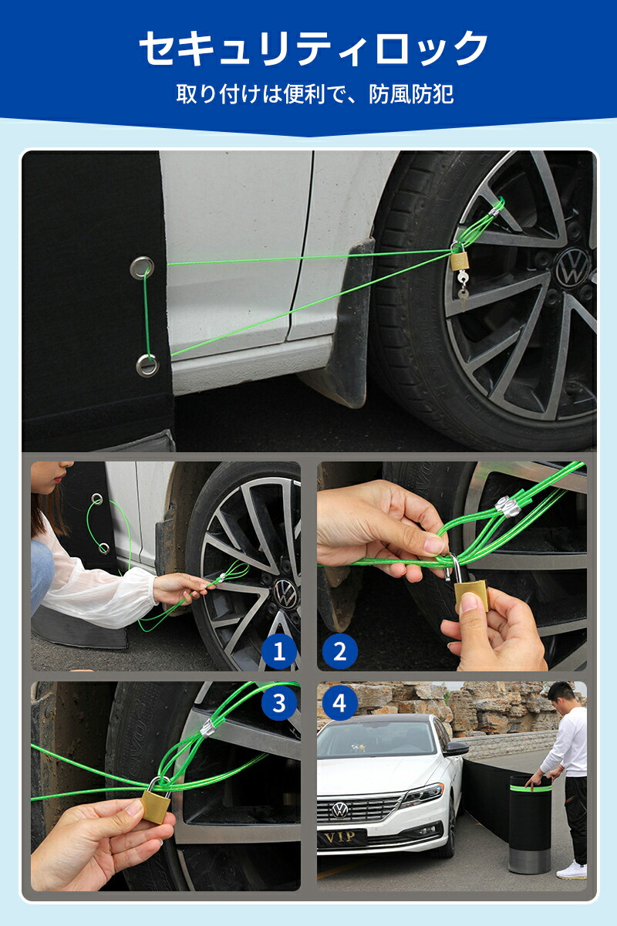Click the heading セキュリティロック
coord(313,48)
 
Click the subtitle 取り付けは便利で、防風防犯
coord(315,94)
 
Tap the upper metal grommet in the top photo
coord(142,268)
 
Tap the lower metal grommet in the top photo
coord(147,366)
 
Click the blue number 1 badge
coord(280,651)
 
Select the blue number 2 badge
coord(339,651)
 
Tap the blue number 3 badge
coord(279,703)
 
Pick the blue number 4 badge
coord(339,703)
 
